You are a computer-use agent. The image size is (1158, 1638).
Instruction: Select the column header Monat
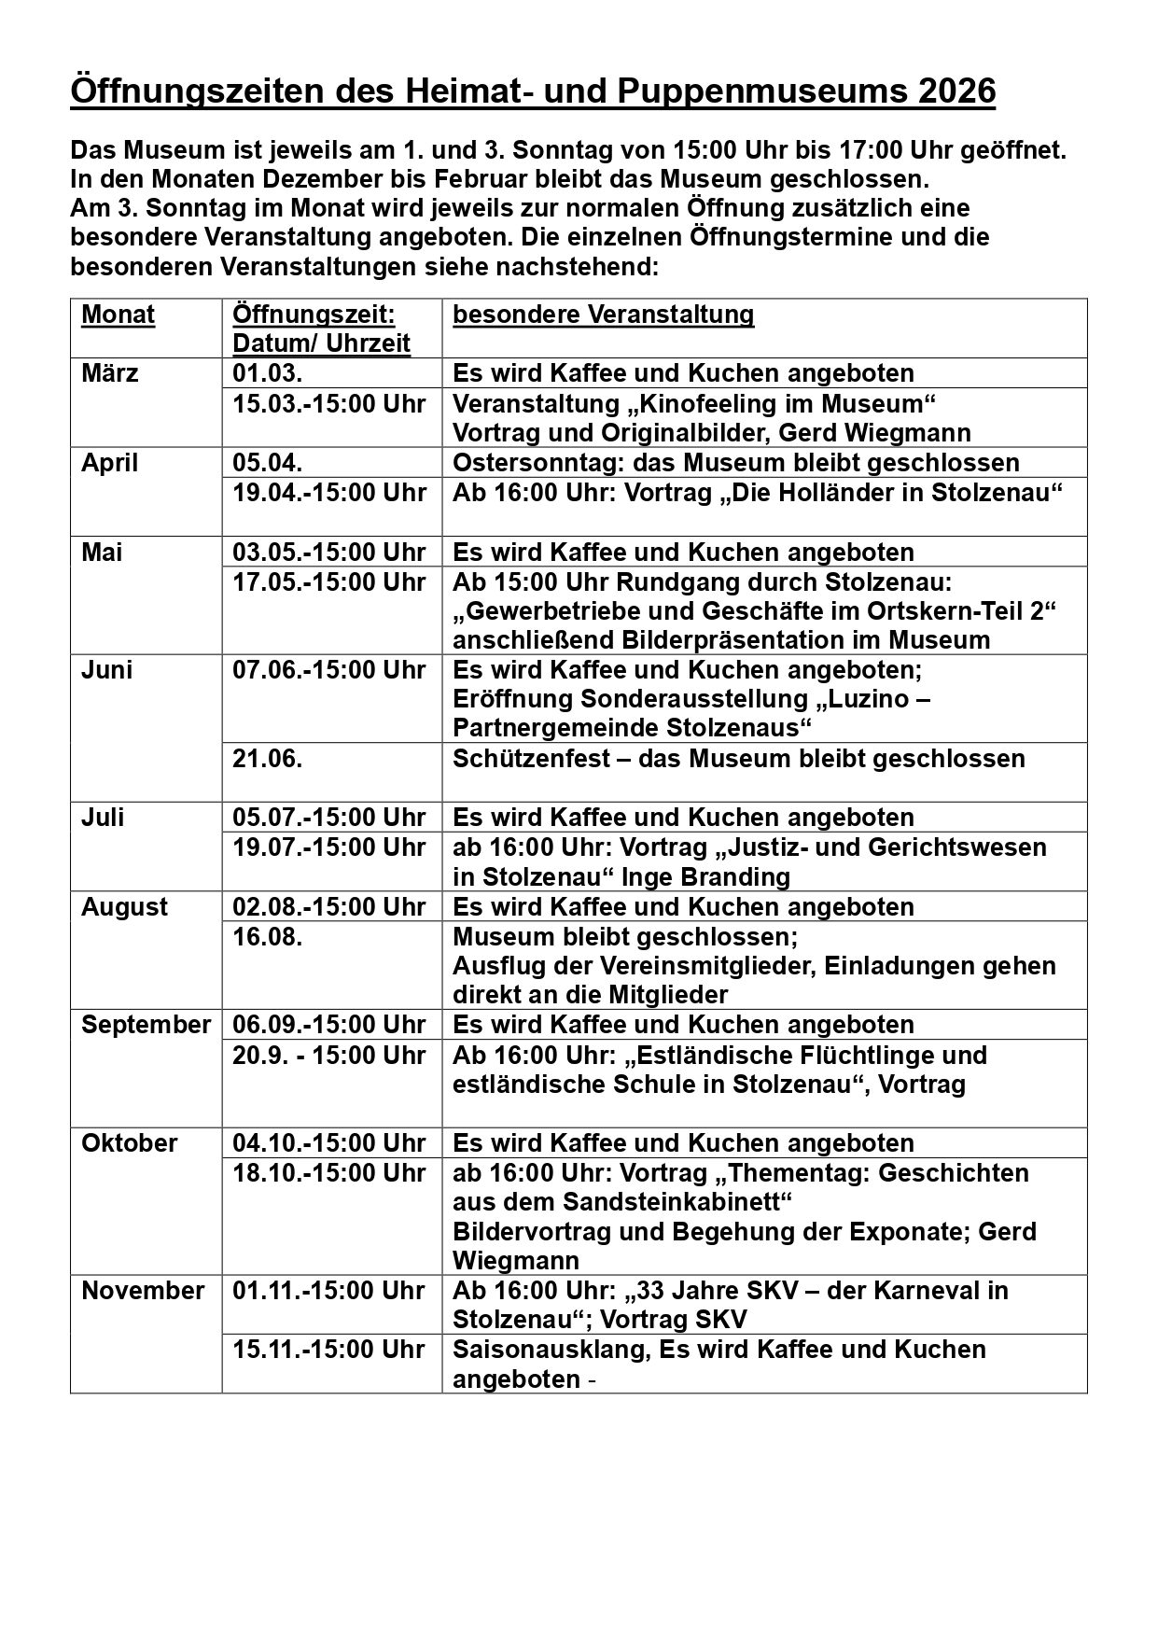[x=119, y=315]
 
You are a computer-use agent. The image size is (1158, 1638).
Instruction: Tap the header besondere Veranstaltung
[x=603, y=315]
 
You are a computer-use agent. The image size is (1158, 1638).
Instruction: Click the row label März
[x=110, y=373]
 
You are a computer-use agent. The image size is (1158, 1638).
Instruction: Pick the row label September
[x=146, y=1025]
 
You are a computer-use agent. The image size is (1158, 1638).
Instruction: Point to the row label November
[x=143, y=1291]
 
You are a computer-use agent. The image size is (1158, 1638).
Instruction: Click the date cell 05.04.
[x=267, y=463]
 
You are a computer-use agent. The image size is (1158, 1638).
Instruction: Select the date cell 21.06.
[x=267, y=758]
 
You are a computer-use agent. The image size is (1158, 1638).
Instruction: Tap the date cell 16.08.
[x=267, y=936]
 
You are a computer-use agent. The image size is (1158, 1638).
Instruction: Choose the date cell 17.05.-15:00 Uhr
[x=328, y=581]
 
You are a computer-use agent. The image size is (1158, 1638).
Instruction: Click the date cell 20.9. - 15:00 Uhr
[x=328, y=1055]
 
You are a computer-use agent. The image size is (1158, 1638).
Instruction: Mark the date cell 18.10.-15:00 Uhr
[x=328, y=1172]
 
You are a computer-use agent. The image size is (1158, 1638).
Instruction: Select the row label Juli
[x=104, y=818]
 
